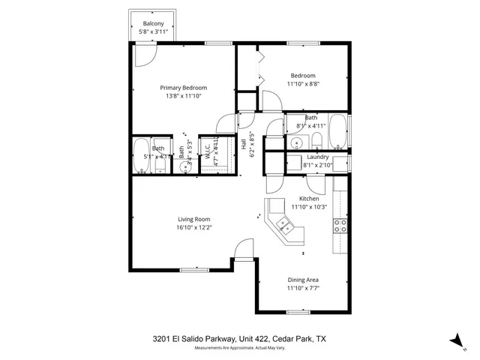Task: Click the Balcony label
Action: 154,23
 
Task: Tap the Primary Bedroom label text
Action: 183,87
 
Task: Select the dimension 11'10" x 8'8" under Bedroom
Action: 303,85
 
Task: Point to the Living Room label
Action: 193,219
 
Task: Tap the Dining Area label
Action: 303,279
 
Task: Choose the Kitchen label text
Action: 309,198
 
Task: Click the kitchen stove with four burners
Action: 340,225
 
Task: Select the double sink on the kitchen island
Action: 284,223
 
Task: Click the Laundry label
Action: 318,157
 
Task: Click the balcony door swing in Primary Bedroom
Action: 145,55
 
